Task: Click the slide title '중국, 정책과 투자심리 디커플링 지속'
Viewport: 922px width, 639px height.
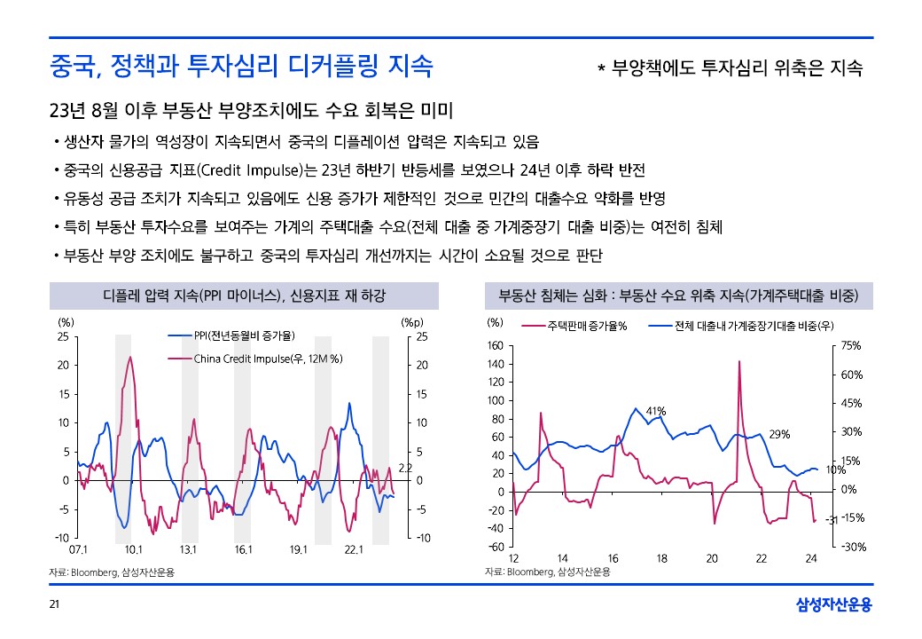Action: pyautogui.click(x=241, y=65)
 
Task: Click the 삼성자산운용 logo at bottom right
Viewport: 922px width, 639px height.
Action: pyautogui.click(x=833, y=605)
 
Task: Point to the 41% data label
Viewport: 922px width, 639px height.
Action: pyautogui.click(x=655, y=411)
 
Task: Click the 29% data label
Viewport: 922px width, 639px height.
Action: pyautogui.click(x=779, y=434)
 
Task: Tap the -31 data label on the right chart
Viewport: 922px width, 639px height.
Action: pyautogui.click(x=832, y=520)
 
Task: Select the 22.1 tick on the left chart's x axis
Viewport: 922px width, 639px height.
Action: pyautogui.click(x=354, y=550)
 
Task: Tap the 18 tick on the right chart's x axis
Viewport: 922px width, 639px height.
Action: pyautogui.click(x=661, y=557)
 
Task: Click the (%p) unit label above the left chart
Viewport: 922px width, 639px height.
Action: pyautogui.click(x=413, y=322)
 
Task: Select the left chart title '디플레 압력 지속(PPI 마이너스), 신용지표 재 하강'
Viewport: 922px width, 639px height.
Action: pyautogui.click(x=244, y=295)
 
